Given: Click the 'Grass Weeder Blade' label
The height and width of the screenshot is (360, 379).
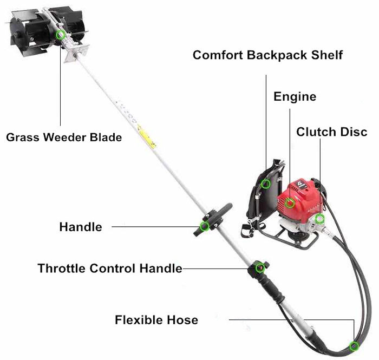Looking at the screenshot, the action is pyautogui.click(x=63, y=137).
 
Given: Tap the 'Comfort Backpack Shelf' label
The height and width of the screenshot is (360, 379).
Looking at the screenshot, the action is pyautogui.click(x=267, y=55).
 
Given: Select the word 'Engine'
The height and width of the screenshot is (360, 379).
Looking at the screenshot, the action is pyautogui.click(x=295, y=97).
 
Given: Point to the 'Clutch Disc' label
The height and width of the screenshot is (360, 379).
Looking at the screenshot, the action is pyautogui.click(x=331, y=132).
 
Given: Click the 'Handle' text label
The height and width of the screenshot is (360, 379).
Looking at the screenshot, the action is pyautogui.click(x=80, y=227).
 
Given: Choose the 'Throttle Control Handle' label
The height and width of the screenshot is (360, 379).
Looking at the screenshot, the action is pyautogui.click(x=109, y=268).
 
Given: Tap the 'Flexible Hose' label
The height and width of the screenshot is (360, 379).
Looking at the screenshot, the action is pyautogui.click(x=156, y=320).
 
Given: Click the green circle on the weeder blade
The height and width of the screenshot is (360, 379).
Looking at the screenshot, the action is pyautogui.click(x=61, y=35).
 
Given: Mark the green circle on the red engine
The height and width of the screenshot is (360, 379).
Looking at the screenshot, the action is pyautogui.click(x=290, y=204).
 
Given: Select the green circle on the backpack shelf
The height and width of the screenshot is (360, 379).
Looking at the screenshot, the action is pyautogui.click(x=265, y=184).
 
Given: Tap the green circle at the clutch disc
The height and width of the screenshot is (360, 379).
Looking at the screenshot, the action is pyautogui.click(x=320, y=219).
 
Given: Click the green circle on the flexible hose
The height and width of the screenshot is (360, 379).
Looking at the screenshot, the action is pyautogui.click(x=354, y=346).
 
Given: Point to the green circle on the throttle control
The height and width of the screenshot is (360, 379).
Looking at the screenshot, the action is pyautogui.click(x=260, y=267).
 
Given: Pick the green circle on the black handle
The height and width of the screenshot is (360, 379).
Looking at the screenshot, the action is pyautogui.click(x=205, y=226).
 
